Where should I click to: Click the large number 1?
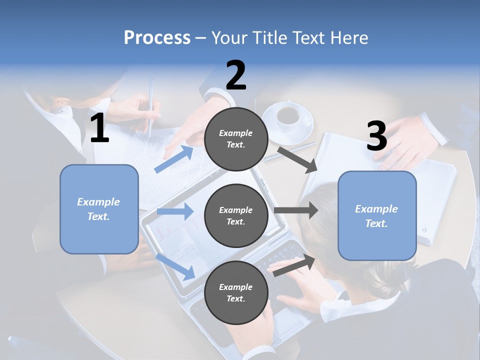(99, 128)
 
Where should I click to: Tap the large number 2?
(236, 75)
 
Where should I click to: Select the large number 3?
(376, 136)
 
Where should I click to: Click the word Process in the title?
(157, 37)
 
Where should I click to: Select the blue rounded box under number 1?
(99, 209)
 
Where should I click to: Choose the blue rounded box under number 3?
(377, 216)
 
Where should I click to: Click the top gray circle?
(236, 139)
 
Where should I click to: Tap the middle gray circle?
(236, 216)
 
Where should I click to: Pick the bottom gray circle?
(236, 293)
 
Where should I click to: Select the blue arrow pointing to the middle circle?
(175, 211)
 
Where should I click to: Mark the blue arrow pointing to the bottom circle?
(176, 266)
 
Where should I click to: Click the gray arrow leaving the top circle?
(298, 159)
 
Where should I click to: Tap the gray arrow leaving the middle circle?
(296, 210)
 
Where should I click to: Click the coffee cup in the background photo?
(287, 116)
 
